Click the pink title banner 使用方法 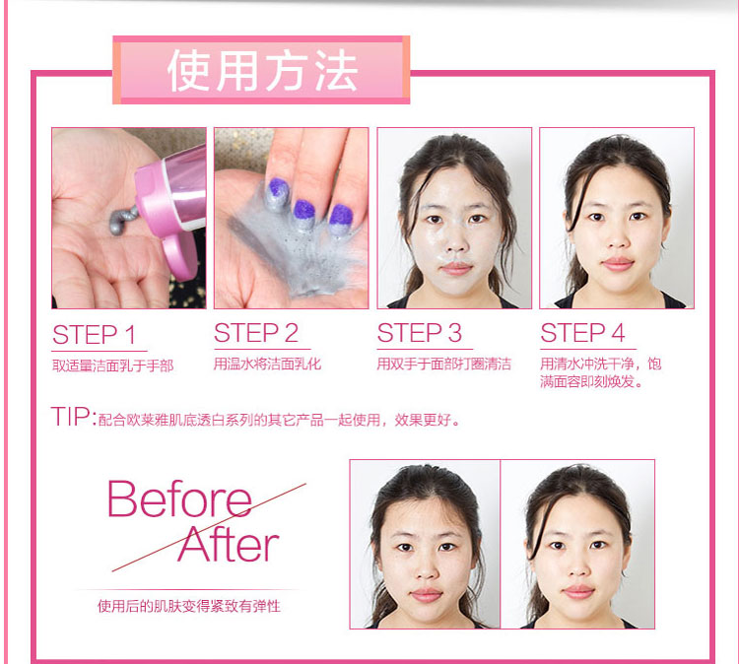coord(261,70)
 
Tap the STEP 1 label coord(95,335)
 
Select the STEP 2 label coord(256,333)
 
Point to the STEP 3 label coord(419,333)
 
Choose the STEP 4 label coord(582,333)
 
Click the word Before coord(179,499)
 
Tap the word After coord(229,544)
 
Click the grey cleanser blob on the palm coord(122,220)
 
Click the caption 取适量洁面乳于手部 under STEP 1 coord(113,365)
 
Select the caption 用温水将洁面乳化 coord(267,364)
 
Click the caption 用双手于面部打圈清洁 coord(444,364)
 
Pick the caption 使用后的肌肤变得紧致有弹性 coord(189,606)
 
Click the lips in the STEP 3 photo coord(456,268)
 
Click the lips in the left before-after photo coord(426,595)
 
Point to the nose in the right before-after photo coord(576,567)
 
